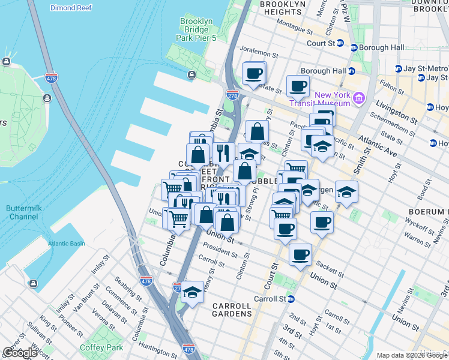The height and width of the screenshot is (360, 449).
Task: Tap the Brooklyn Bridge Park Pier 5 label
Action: [x=196, y=29]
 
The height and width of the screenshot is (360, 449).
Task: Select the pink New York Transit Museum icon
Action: [x=359, y=97]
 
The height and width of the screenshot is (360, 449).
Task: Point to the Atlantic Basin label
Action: [x=67, y=244]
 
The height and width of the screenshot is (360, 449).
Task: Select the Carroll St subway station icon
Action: [x=291, y=299]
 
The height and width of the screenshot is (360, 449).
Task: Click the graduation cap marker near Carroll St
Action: [x=192, y=292]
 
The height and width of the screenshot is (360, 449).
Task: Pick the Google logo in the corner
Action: [x=20, y=353]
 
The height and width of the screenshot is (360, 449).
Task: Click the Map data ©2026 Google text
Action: [x=412, y=355]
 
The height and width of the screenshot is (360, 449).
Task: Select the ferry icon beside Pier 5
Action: [x=191, y=75]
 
